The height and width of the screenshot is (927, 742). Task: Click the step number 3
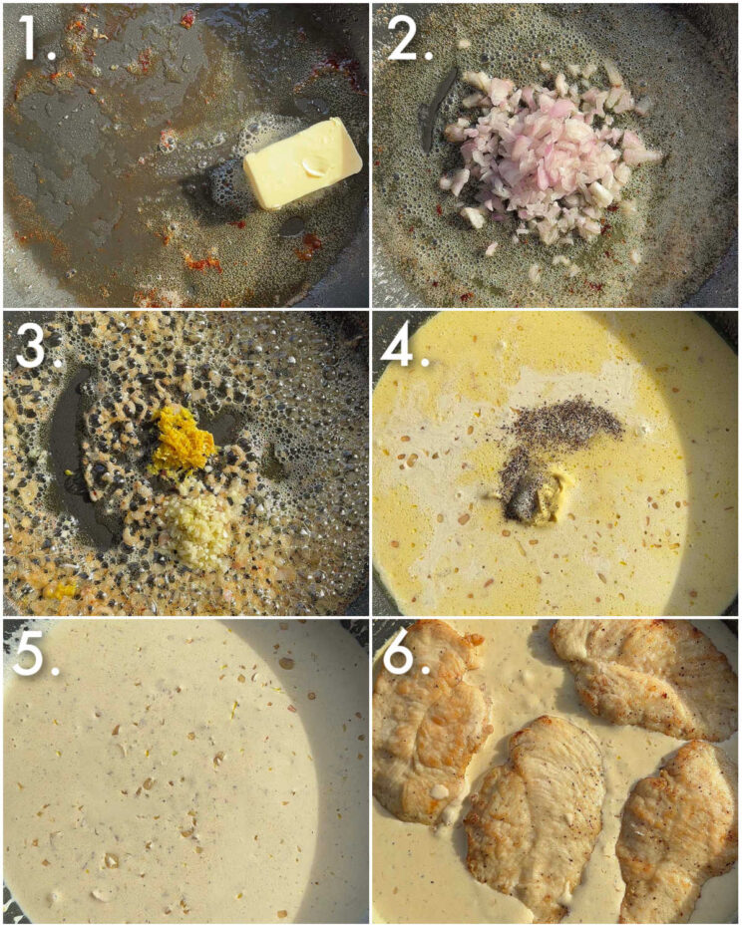click(32, 346)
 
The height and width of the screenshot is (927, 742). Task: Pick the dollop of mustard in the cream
click(544, 491)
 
